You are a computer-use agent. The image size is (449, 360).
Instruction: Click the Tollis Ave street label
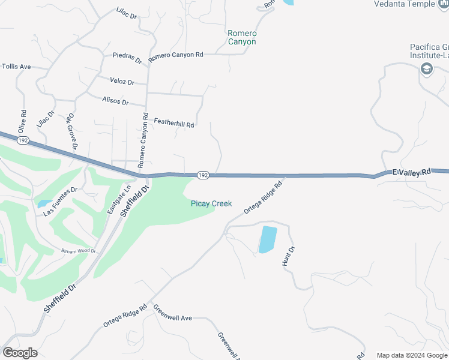click(16, 67)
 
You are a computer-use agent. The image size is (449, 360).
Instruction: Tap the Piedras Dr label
click(127, 58)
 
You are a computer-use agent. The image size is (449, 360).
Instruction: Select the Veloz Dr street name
click(122, 82)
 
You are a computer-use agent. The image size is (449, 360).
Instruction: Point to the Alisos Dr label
click(115, 101)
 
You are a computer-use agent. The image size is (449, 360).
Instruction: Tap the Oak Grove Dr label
click(73, 131)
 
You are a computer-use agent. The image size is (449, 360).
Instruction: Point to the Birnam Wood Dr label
click(79, 251)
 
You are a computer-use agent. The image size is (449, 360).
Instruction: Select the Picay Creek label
click(211, 203)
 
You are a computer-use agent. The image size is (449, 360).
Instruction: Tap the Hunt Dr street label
click(289, 256)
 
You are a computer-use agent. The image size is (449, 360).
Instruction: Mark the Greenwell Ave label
click(172, 313)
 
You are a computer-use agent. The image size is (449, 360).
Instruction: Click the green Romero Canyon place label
click(242, 37)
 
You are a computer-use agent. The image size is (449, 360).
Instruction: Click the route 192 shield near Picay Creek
click(203, 175)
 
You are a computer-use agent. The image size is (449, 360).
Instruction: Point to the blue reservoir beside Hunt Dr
click(268, 239)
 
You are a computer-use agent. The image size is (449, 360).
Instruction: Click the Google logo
click(20, 353)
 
